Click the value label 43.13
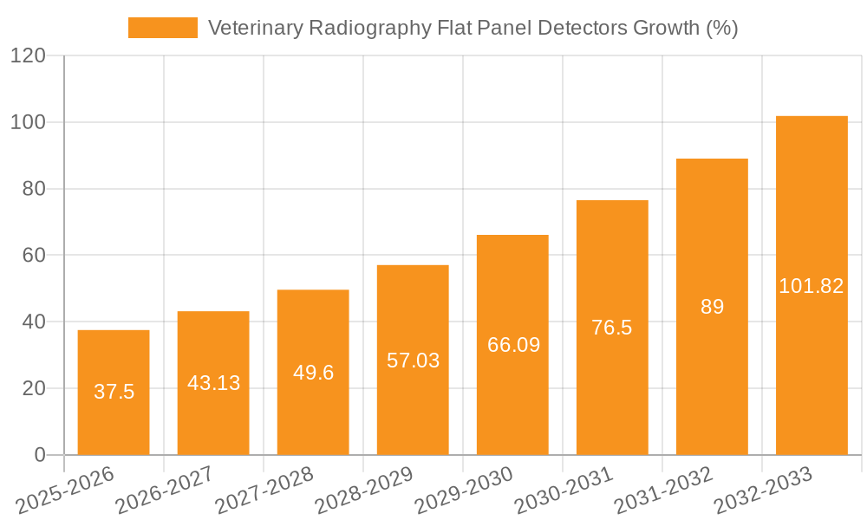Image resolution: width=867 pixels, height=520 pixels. coord(213,383)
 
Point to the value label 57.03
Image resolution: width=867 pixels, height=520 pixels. coord(413,361)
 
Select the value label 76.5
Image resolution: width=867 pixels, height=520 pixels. coord(612,328)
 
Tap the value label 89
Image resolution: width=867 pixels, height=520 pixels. coord(712,307)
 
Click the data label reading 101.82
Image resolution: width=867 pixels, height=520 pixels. coord(812,286)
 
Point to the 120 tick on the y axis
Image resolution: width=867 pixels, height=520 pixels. coord(28,56)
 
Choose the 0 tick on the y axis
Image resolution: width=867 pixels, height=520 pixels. coord(40,455)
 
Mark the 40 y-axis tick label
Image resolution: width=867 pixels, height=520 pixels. coord(34,322)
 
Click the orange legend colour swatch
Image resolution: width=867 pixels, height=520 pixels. coord(162,28)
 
